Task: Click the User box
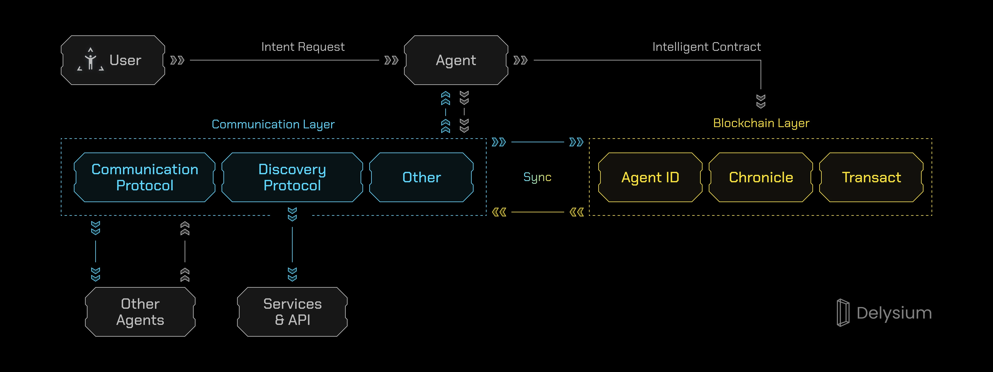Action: pyautogui.click(x=113, y=60)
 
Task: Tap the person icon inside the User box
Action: pyautogui.click(x=91, y=60)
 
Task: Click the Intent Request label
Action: pyautogui.click(x=303, y=47)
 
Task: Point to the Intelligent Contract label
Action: pyautogui.click(x=706, y=47)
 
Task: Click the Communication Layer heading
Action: pyautogui.click(x=273, y=124)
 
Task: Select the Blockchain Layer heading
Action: pyautogui.click(x=761, y=123)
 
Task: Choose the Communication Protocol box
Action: pyautogui.click(x=145, y=177)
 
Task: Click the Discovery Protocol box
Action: pyautogui.click(x=292, y=177)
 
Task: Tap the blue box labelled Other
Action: pyautogui.click(x=421, y=177)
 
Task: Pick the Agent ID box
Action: pyautogui.click(x=650, y=177)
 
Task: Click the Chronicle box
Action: pyautogui.click(x=761, y=177)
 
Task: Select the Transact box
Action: pyautogui.click(x=871, y=177)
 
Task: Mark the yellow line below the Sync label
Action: pyautogui.click(x=537, y=212)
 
